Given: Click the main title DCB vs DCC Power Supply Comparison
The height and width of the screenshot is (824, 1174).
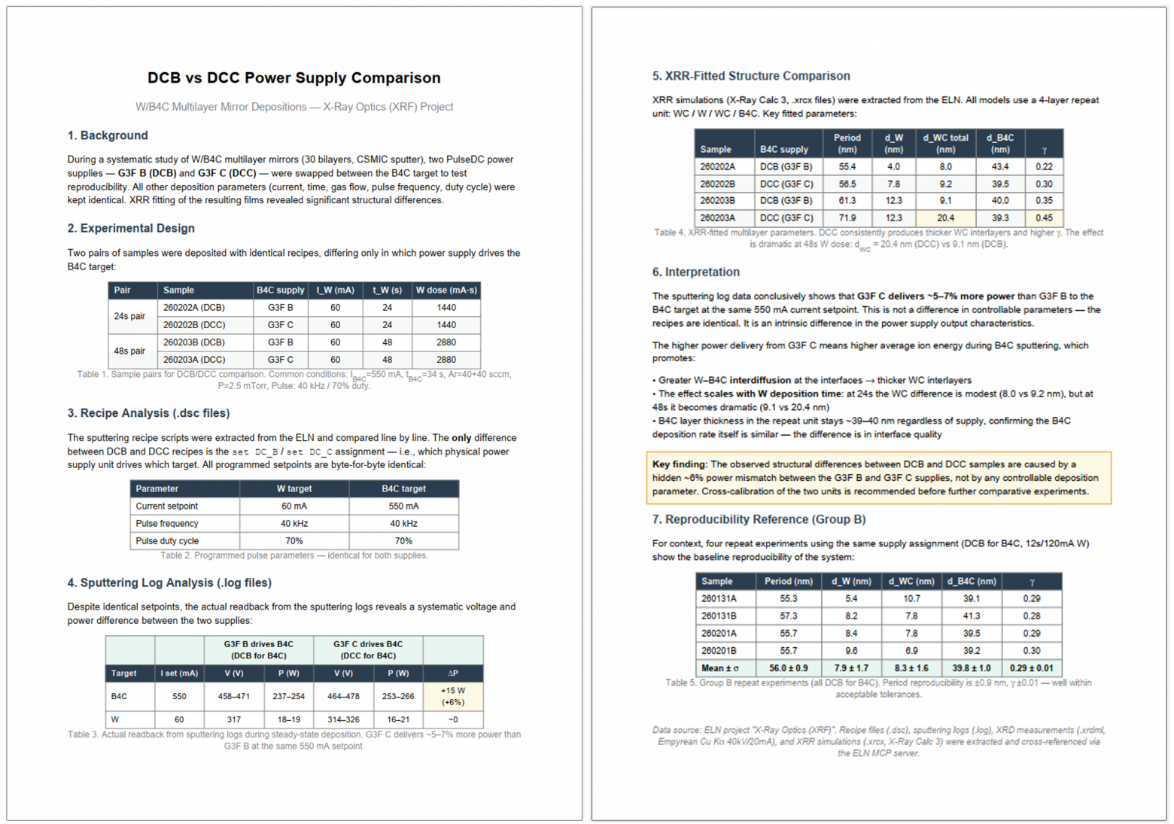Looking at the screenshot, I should pos(293,78).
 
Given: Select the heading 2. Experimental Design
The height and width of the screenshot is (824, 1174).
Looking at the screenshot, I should pos(131,228).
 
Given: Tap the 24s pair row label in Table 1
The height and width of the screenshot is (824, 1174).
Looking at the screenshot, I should pos(129,316).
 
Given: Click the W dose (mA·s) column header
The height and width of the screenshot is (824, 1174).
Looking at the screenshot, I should pos(446,290).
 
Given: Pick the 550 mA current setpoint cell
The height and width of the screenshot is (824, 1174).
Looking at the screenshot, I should pos(403,506).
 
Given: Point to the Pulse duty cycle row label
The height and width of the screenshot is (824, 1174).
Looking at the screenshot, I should pos(167,540).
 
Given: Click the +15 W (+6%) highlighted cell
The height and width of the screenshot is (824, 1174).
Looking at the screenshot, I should pos(452,696).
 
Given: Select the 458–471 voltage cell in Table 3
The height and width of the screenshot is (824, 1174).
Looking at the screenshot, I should pos(233,696).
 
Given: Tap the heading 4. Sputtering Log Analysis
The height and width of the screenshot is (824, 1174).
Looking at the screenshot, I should pos(169,582).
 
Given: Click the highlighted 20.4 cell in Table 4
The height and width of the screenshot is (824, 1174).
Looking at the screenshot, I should pos(945,217).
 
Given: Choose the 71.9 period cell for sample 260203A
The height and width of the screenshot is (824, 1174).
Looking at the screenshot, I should pos(847,217).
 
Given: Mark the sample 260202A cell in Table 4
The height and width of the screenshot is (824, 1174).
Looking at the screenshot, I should pos(717,166).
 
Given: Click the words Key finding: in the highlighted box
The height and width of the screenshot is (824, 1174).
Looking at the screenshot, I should pos(680,464).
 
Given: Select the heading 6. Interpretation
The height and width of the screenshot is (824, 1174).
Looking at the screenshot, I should pos(695,272).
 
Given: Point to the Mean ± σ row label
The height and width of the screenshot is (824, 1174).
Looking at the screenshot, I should pos(719,667).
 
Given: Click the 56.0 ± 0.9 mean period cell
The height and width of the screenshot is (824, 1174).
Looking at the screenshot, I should pos(788,667).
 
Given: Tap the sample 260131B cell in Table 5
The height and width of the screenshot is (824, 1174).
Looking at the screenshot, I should pos(719,616).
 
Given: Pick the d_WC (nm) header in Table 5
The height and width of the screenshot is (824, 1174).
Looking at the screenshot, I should pos(911,581).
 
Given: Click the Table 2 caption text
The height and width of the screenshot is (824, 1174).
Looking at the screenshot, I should pos(293,555).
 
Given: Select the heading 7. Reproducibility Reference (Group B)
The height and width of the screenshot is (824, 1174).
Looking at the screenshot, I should pos(759,519).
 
